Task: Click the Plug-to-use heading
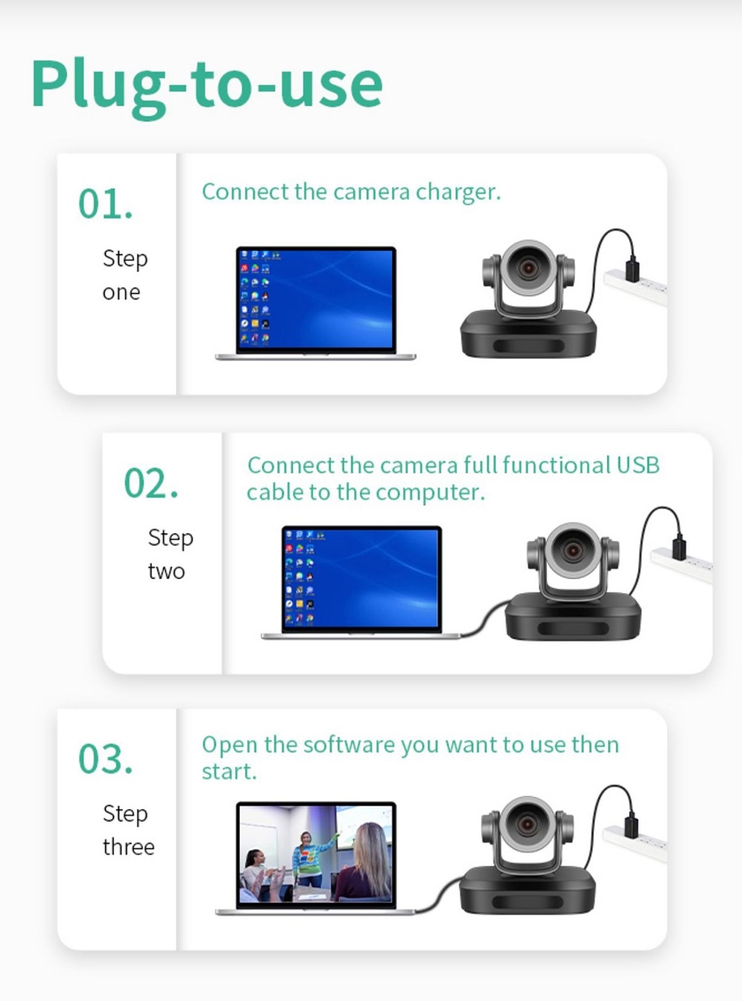(206, 85)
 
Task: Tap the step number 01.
(105, 204)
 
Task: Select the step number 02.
(151, 483)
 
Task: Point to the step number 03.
(105, 759)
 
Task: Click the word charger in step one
(458, 192)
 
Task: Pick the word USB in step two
(637, 465)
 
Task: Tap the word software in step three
(338, 744)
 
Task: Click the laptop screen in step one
(316, 299)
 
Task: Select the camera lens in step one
(528, 268)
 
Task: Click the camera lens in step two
(573, 549)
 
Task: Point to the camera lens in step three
(527, 824)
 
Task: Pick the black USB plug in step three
(631, 825)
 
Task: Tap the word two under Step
(166, 572)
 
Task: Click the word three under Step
(128, 847)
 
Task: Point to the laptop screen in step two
(362, 578)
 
